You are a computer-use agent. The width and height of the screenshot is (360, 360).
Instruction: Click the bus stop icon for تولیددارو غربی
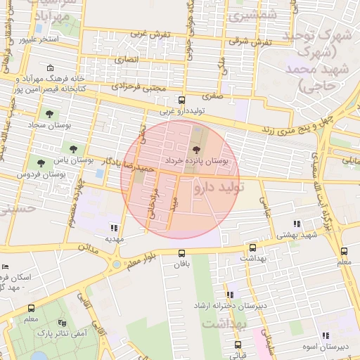point(181,101)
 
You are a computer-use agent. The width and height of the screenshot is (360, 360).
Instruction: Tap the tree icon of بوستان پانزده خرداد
point(196,149)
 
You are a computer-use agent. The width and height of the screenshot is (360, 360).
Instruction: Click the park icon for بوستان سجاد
point(49,113)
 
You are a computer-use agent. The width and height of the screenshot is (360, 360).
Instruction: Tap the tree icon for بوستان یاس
point(72,148)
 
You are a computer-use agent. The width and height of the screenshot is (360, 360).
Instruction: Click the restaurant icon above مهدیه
point(114,227)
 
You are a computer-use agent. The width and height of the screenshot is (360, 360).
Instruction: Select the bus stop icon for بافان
point(181,253)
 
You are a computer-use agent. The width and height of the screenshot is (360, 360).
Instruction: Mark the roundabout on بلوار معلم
point(115,266)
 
